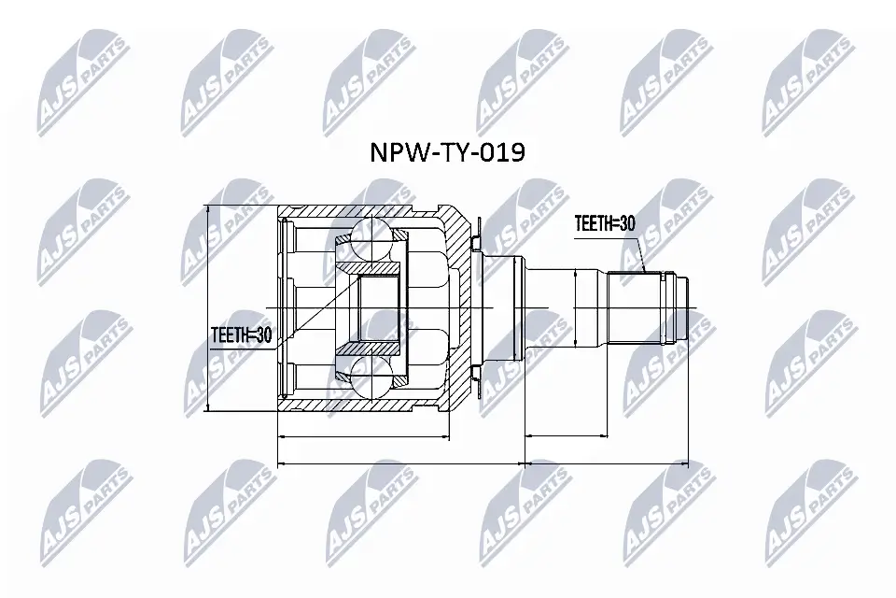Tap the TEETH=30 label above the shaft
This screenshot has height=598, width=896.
point(605,224)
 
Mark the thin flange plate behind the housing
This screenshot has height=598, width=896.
point(478,308)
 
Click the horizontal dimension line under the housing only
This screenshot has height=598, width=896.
point(364,435)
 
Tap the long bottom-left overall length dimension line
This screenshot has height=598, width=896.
point(401,463)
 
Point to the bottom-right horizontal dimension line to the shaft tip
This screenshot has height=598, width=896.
point(607,463)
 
